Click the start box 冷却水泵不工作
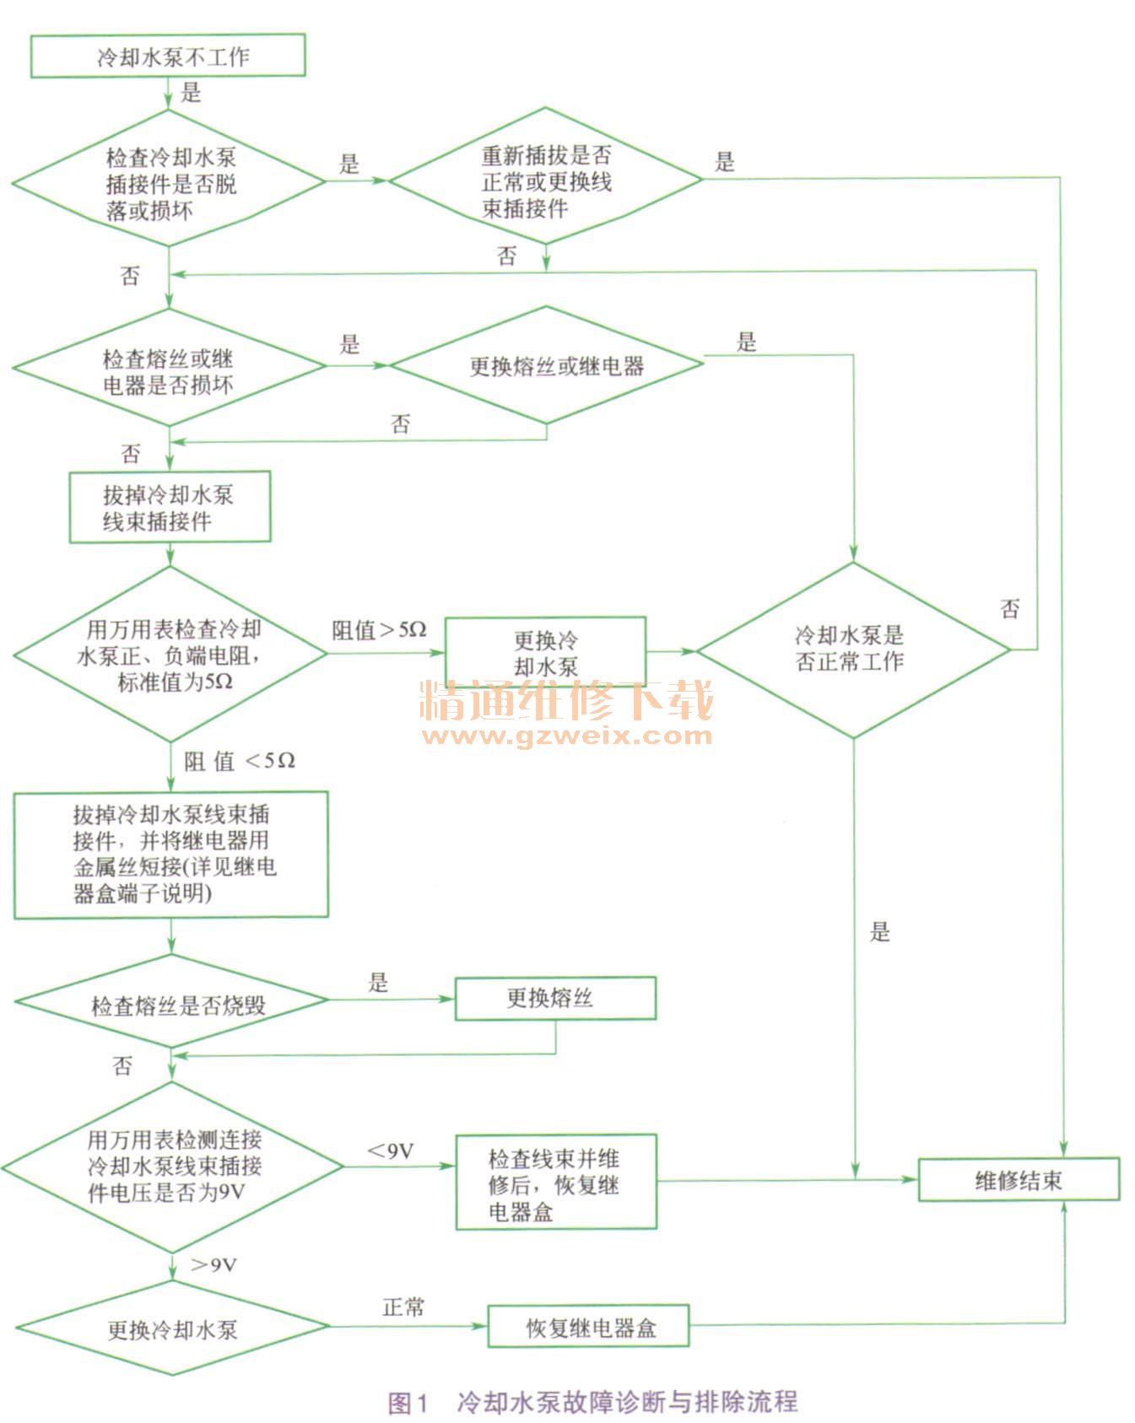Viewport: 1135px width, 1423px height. [168, 56]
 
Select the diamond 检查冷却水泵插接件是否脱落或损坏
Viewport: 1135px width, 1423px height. [169, 181]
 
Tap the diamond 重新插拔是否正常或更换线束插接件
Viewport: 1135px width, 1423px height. [546, 179]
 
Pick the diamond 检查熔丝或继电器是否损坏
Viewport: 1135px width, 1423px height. [169, 369]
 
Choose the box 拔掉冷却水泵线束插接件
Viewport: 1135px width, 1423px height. [170, 507]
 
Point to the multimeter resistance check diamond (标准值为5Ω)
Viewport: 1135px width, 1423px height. [170, 655]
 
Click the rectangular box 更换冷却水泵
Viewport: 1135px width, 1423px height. [546, 652]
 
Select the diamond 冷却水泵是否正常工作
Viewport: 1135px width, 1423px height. [852, 650]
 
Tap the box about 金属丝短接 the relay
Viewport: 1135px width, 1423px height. [170, 854]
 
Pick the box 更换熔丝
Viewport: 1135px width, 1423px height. [555, 999]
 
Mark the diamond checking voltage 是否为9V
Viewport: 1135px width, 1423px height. [172, 1167]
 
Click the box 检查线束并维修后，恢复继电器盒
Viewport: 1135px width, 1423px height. [556, 1183]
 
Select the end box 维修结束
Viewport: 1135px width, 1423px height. [1019, 1180]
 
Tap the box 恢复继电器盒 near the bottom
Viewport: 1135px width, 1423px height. [589, 1327]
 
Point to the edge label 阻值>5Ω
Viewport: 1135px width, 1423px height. [379, 630]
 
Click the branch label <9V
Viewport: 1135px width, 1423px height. [390, 1151]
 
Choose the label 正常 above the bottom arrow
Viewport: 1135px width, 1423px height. [403, 1307]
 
